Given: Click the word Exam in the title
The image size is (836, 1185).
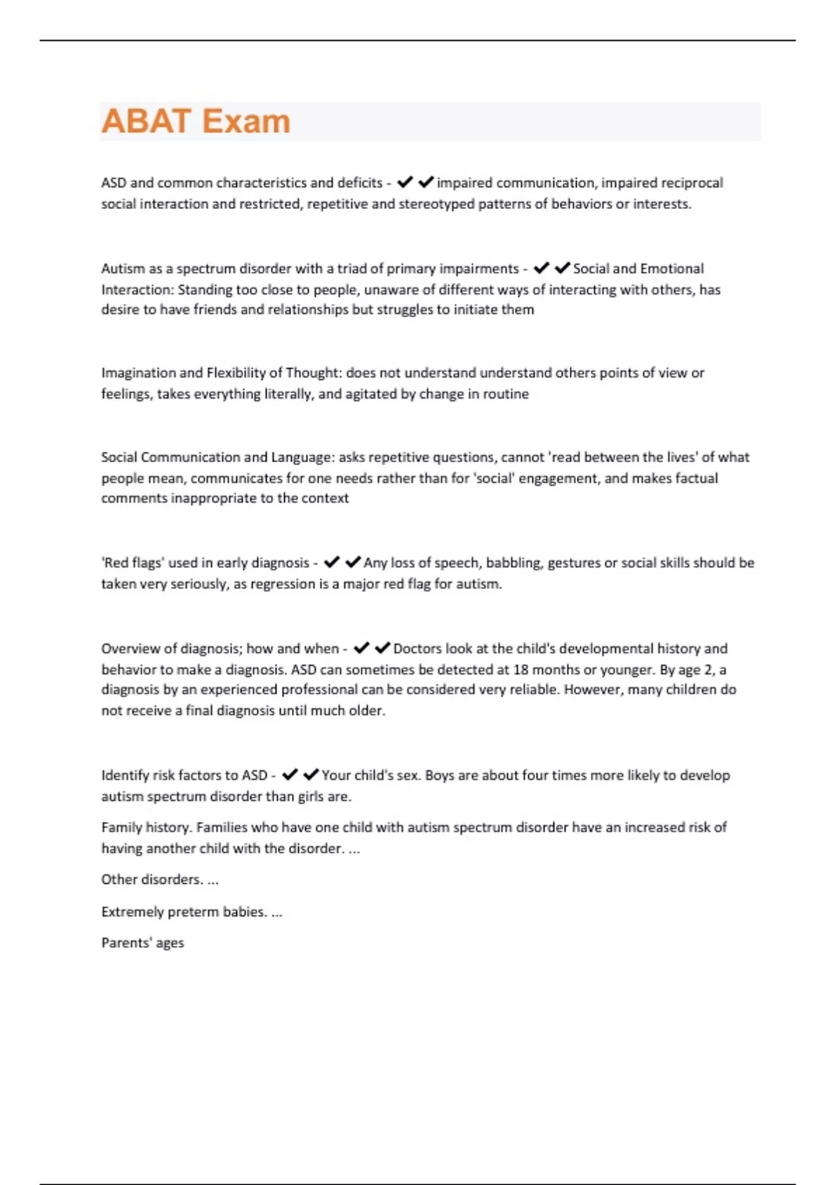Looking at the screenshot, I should [x=246, y=121].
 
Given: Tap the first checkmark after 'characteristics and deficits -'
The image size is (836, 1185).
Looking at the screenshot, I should [x=405, y=183].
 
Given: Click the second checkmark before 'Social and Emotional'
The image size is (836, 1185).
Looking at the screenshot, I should [x=563, y=268].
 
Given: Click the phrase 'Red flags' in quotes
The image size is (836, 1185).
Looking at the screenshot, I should [x=132, y=563].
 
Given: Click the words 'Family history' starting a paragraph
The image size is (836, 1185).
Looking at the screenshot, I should [x=146, y=827].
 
